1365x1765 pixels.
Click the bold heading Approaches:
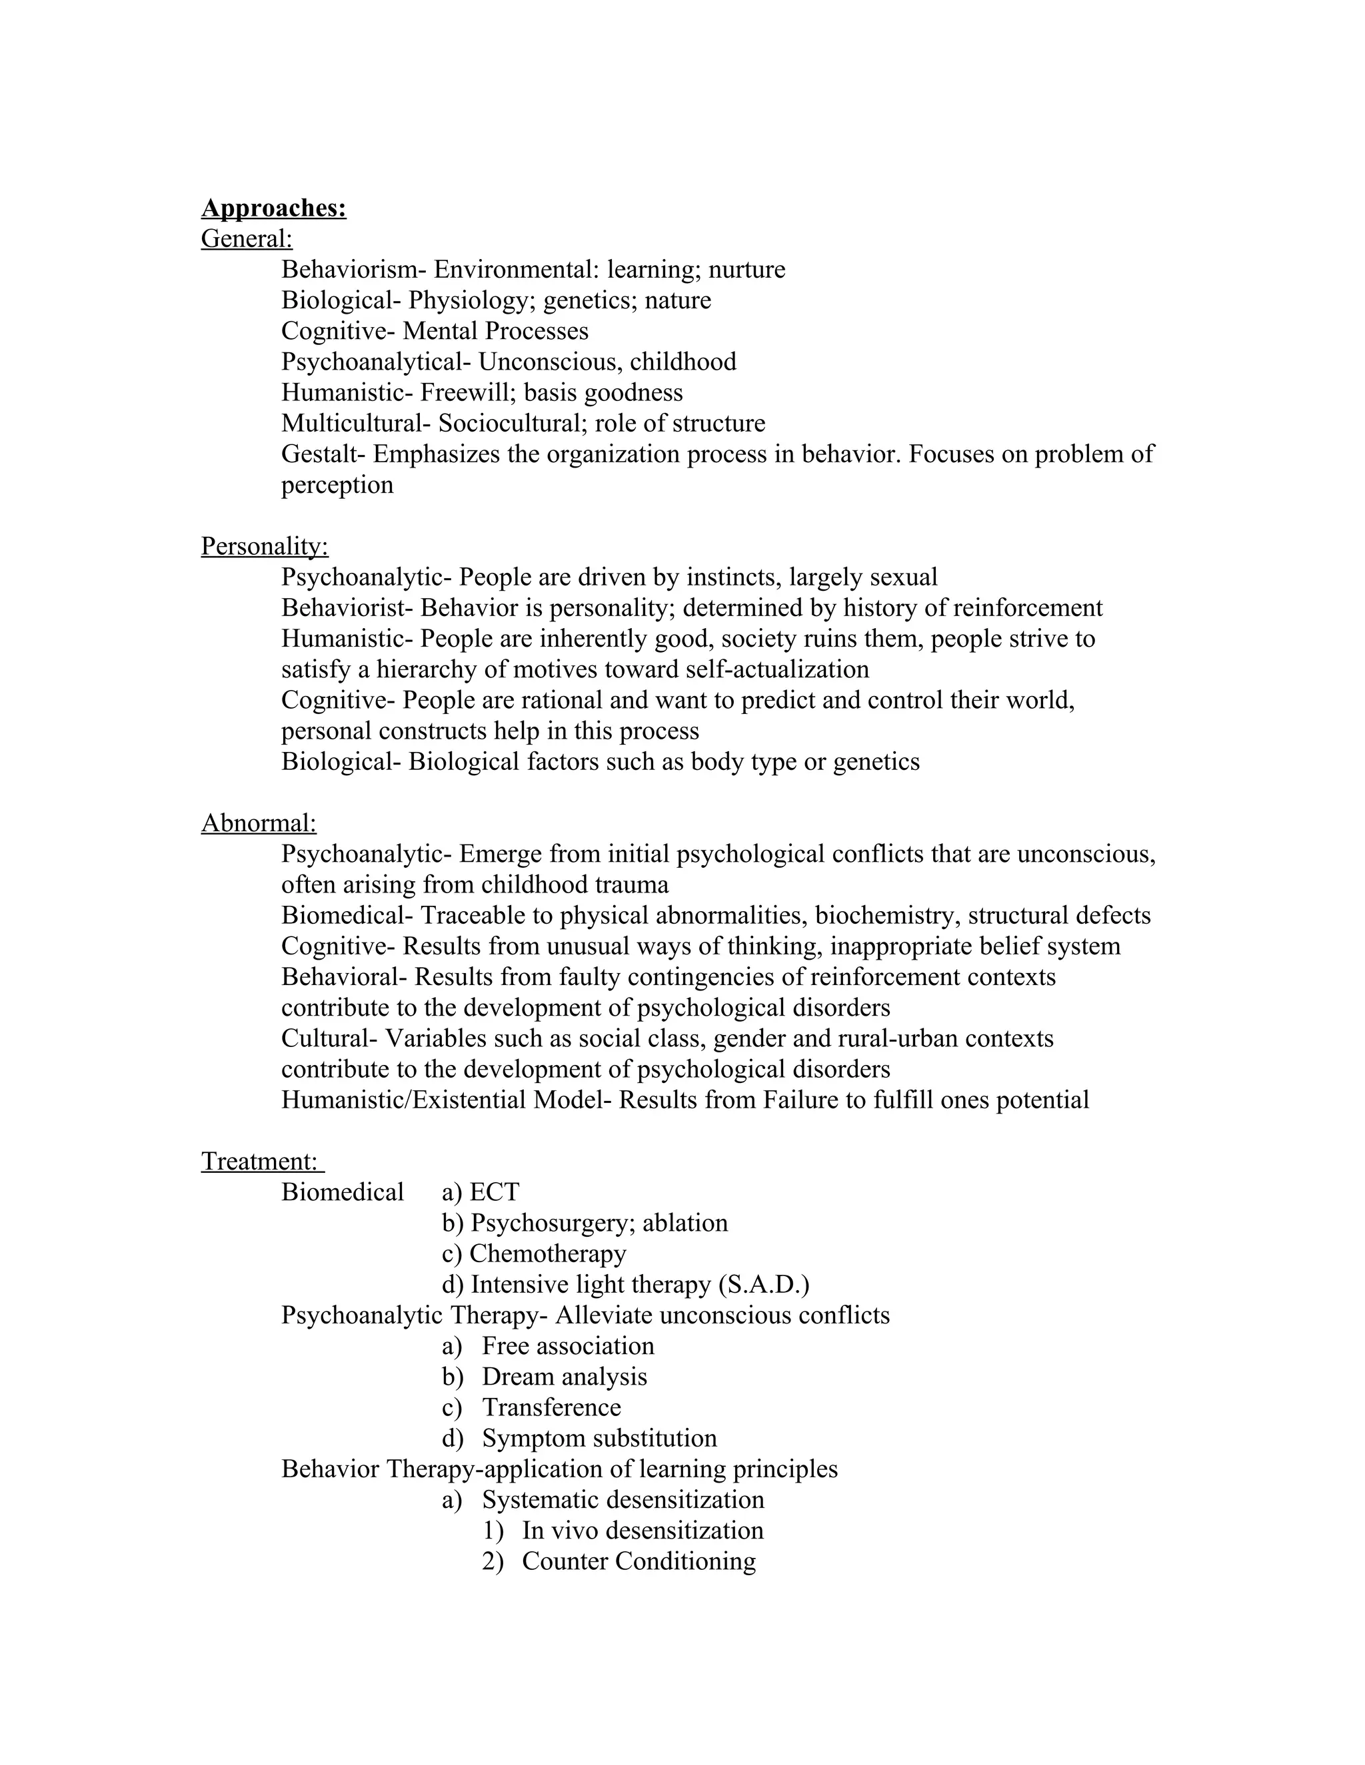click(273, 208)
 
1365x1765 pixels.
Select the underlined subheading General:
click(247, 239)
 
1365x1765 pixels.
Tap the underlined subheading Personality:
click(265, 547)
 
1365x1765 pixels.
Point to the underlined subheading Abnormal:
click(259, 823)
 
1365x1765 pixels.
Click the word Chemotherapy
click(547, 1254)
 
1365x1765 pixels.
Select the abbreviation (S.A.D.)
click(763, 1285)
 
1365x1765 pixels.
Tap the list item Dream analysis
click(564, 1377)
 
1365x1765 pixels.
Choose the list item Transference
click(551, 1408)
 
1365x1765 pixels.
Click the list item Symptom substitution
click(599, 1439)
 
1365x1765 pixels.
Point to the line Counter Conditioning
click(638, 1561)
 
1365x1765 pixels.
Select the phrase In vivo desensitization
click(642, 1531)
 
